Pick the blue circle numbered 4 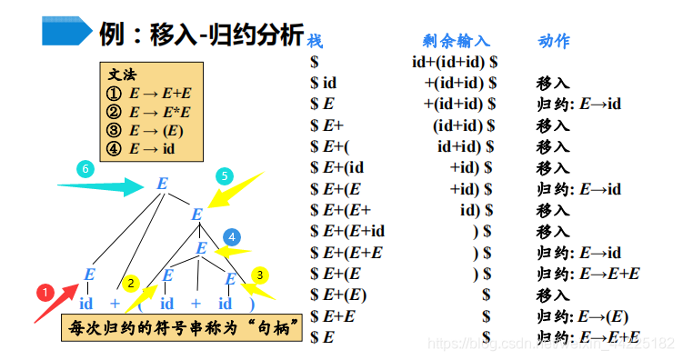tap(232, 236)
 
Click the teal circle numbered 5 tap(225, 175)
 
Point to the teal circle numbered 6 tap(85, 170)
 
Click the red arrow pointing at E tap(55, 300)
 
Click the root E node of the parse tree tap(162, 184)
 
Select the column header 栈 tap(316, 42)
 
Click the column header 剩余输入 tap(457, 41)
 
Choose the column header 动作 tap(554, 41)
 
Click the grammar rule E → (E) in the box tap(154, 130)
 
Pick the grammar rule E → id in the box tap(151, 148)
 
